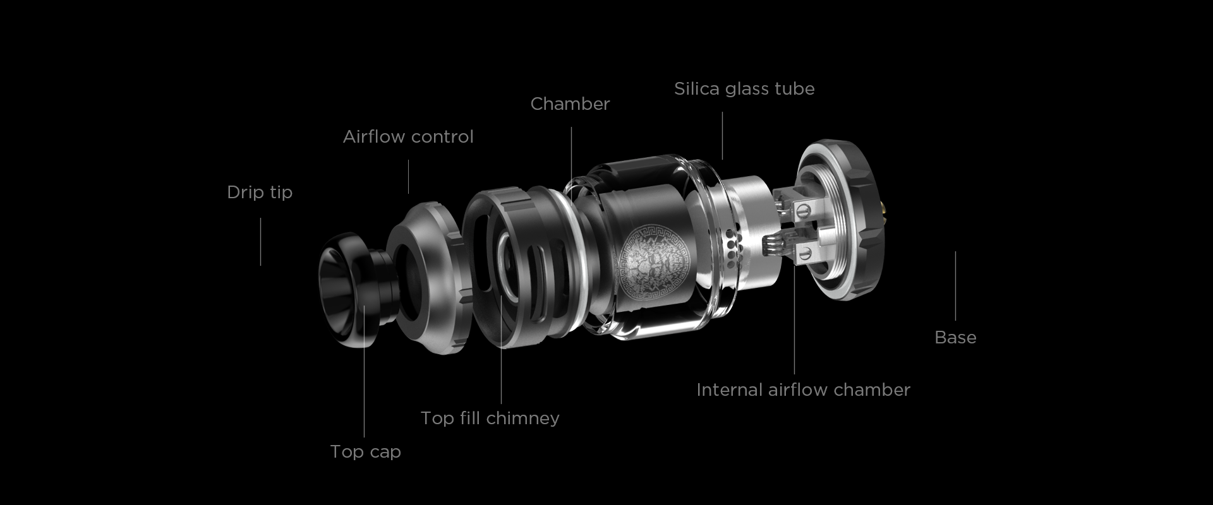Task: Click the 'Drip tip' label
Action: pyautogui.click(x=260, y=193)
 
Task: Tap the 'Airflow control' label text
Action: pyautogui.click(x=408, y=137)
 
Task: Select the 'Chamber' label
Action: pyautogui.click(x=570, y=104)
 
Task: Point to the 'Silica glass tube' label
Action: pyautogui.click(x=744, y=89)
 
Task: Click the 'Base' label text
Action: pyautogui.click(x=955, y=338)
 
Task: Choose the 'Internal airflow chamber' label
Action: pyautogui.click(x=803, y=390)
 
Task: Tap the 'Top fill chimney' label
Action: pyautogui.click(x=490, y=419)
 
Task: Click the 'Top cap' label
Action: pyautogui.click(x=365, y=452)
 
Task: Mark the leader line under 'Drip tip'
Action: pyautogui.click(x=260, y=242)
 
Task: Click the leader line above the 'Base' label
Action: pyautogui.click(x=955, y=286)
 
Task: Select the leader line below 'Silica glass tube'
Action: pyautogui.click(x=723, y=136)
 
